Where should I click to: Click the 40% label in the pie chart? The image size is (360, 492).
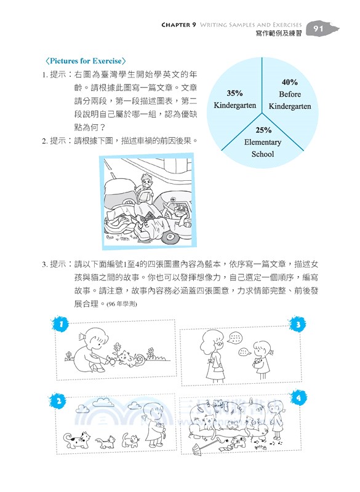tap(290, 82)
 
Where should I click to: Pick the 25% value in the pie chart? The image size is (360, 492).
tap(263, 130)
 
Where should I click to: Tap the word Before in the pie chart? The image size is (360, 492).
tap(290, 94)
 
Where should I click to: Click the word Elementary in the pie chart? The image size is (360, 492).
tap(263, 142)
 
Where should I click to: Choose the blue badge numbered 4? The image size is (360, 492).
tap(298, 398)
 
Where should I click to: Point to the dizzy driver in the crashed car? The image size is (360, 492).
tap(180, 212)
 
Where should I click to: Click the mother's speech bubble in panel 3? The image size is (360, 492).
tap(234, 338)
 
